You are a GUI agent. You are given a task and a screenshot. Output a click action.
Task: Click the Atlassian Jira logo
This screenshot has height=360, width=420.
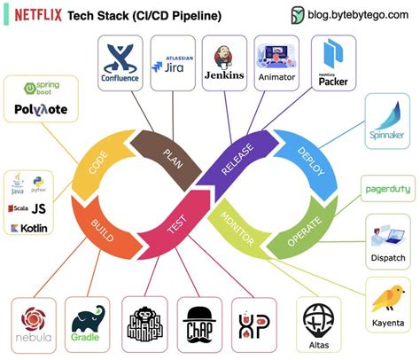(x=171, y=63)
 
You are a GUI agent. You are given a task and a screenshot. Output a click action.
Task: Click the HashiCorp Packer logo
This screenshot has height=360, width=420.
(x=331, y=64)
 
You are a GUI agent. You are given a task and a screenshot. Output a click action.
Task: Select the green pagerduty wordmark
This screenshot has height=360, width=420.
(x=387, y=189)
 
